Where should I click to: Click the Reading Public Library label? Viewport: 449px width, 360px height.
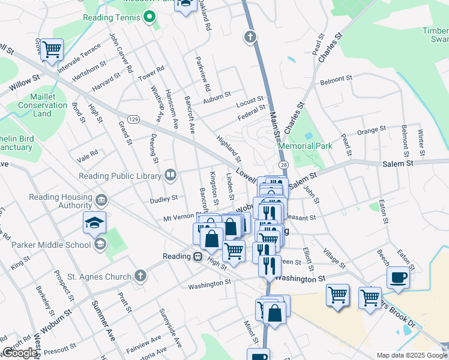tap(120, 176)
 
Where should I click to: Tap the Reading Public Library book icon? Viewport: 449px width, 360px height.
tap(170, 175)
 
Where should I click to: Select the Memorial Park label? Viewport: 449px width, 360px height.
tap(305, 146)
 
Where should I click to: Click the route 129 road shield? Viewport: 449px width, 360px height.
tap(133, 119)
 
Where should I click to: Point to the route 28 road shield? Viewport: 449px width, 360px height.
tap(283, 164)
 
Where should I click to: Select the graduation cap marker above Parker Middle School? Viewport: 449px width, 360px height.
tap(95, 223)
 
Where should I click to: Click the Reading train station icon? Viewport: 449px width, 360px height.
tap(197, 256)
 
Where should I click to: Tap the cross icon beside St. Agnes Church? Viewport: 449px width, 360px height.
tap(140, 276)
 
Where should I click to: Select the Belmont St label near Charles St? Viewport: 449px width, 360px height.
tap(336, 79)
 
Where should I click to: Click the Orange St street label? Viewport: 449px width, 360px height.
tap(371, 130)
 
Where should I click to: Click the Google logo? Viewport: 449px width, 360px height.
tap(20, 353)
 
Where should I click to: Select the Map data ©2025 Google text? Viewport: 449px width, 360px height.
tap(411, 355)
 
